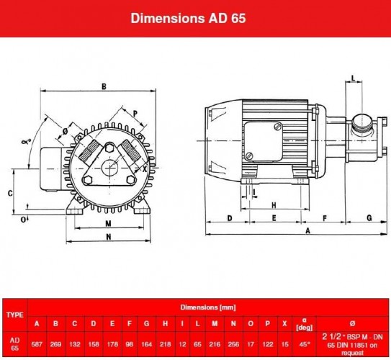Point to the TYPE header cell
pyautogui.click(x=14, y=315)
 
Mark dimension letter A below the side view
pyautogui.click(x=308, y=231)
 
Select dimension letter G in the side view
pyautogui.click(x=369, y=216)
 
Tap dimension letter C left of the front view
pyautogui.click(x=9, y=193)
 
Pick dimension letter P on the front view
pyautogui.click(x=135, y=114)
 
